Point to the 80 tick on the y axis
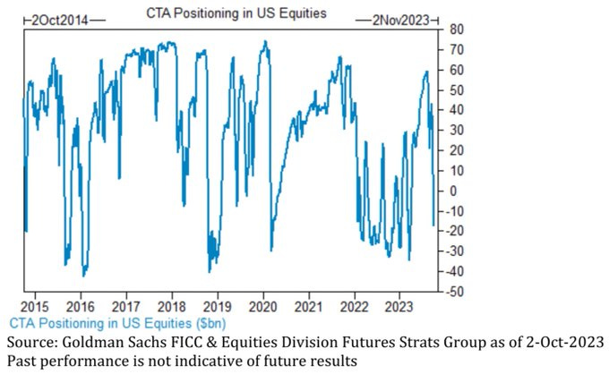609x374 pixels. (x=455, y=30)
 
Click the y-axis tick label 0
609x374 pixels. (x=452, y=191)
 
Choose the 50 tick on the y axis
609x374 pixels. (x=455, y=90)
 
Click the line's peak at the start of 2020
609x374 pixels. (x=264, y=41)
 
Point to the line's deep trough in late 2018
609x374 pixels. (x=210, y=271)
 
